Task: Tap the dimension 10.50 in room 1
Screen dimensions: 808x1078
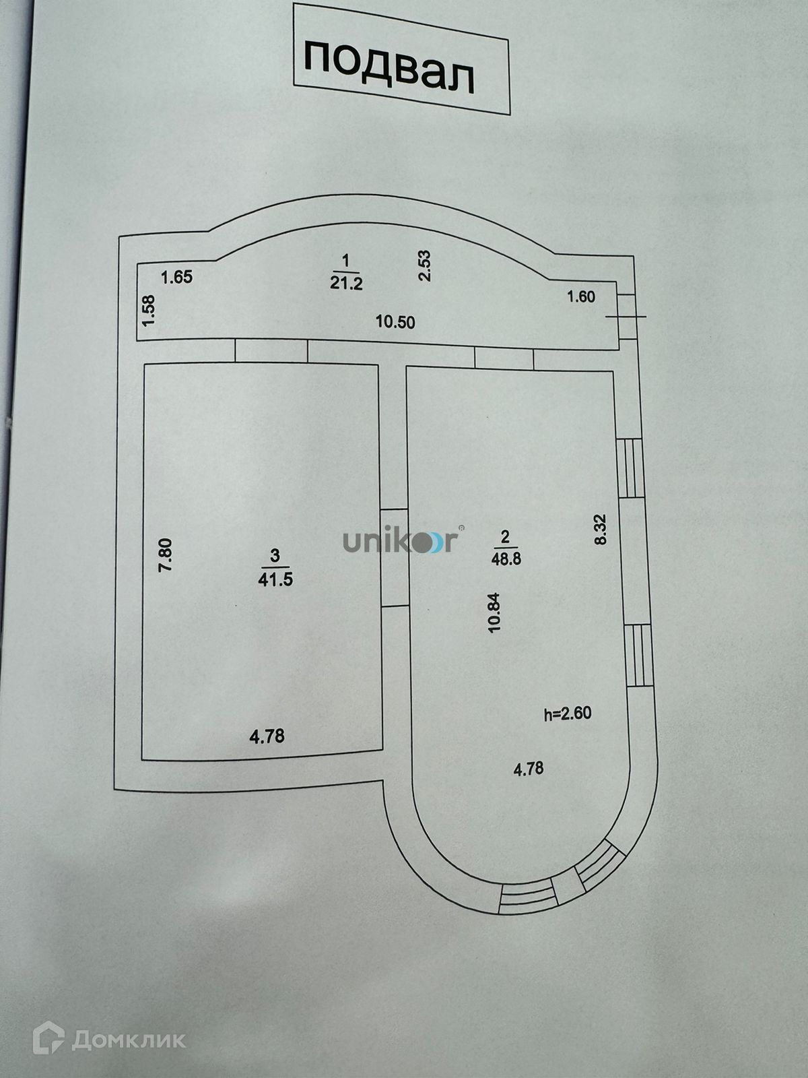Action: tap(395, 322)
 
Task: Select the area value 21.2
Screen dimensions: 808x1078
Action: tap(346, 283)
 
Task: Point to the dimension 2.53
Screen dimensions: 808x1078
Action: tap(425, 265)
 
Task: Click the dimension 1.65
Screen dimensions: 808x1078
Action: tap(178, 277)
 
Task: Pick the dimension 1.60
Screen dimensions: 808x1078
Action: tap(581, 296)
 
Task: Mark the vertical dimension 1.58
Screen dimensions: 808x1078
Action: tap(149, 311)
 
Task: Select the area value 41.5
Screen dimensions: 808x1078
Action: tap(275, 579)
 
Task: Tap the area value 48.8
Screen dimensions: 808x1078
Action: tap(506, 559)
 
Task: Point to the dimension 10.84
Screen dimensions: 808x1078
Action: tap(496, 612)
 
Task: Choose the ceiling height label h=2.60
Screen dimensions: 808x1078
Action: tap(568, 714)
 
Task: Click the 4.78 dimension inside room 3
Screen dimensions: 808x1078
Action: tap(267, 736)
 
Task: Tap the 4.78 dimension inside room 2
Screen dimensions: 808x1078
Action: tap(529, 769)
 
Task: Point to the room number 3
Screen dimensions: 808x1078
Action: tap(274, 556)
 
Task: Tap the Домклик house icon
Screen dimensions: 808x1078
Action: tap(48, 1038)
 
